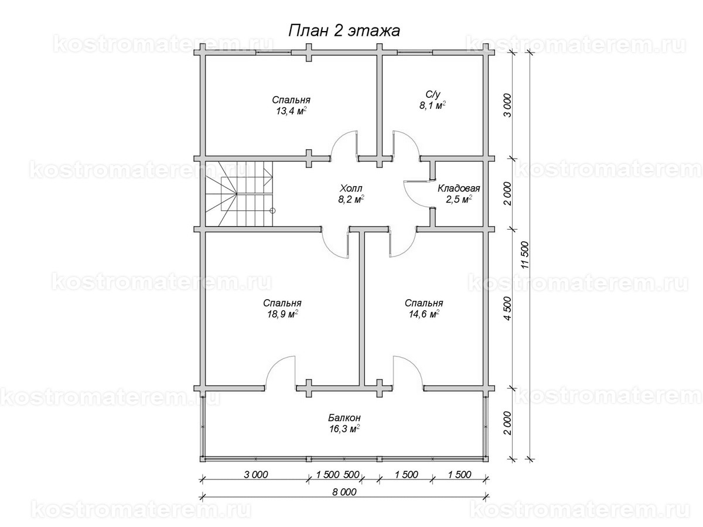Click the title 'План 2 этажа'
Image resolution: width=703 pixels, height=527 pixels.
click(x=344, y=32)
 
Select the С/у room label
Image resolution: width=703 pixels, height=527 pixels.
click(x=433, y=94)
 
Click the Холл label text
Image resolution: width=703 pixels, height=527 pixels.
click(x=351, y=188)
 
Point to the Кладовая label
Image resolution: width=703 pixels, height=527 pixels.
click(x=459, y=188)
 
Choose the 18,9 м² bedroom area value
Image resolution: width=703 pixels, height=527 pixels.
click(x=282, y=314)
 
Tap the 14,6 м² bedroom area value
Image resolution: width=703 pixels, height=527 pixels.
click(x=424, y=314)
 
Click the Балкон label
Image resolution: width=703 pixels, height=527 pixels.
click(x=344, y=418)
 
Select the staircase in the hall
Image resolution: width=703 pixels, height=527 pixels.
click(x=238, y=194)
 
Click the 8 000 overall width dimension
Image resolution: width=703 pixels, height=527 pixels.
click(x=344, y=492)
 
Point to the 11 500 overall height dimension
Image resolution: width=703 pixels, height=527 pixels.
click(x=525, y=255)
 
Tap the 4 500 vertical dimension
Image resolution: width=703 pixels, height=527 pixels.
click(x=508, y=309)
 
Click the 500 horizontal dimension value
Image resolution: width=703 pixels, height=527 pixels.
click(x=351, y=474)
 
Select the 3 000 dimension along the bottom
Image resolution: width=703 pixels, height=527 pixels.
click(x=255, y=474)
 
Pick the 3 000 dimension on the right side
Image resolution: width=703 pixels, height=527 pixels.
click(x=508, y=105)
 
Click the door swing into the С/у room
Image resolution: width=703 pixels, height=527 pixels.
click(x=406, y=143)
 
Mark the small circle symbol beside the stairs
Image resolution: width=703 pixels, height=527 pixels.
click(x=272, y=211)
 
